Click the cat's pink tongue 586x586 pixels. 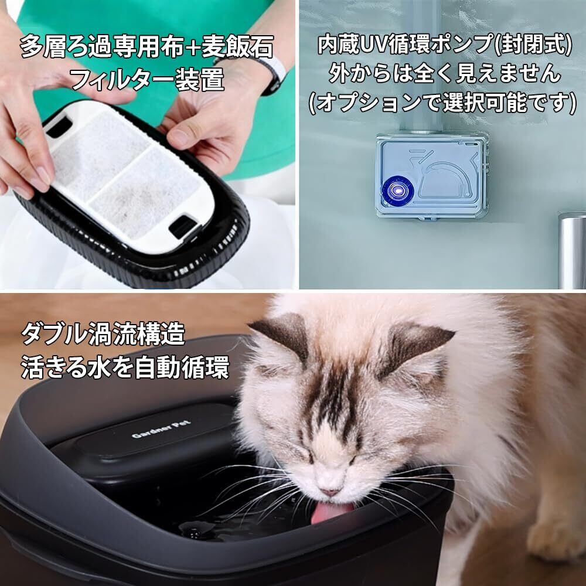point(331,513)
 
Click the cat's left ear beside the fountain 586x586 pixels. point(282,335)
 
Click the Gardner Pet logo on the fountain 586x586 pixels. point(161,429)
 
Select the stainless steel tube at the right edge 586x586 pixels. point(572,250)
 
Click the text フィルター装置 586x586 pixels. point(148,79)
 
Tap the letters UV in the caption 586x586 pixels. point(373,45)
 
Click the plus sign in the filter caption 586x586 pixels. point(193,48)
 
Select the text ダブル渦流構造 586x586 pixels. point(103,334)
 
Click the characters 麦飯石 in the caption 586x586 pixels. point(237,46)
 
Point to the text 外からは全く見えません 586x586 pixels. point(444,73)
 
